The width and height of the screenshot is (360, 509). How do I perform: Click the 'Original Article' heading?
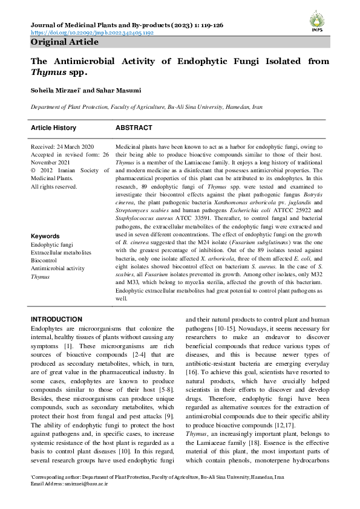coord(64,42)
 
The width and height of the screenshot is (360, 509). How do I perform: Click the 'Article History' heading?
coord(54,128)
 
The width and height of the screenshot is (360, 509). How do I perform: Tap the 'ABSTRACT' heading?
coord(134,128)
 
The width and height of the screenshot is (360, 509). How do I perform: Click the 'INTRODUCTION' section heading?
coord(56,319)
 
